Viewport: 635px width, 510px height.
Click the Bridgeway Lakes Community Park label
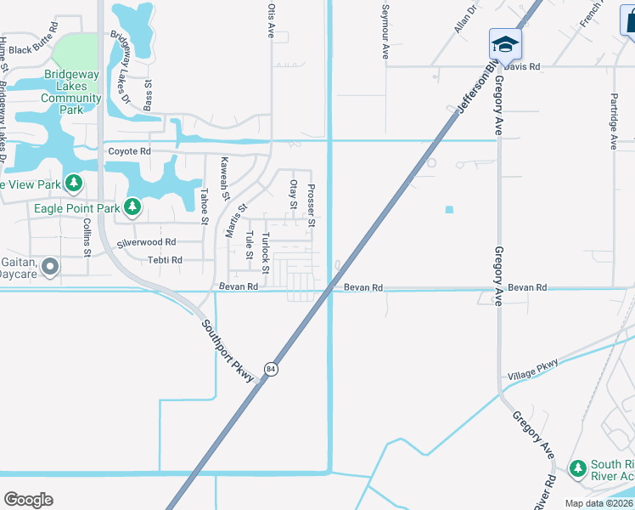72,92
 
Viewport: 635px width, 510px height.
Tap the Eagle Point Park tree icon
132,207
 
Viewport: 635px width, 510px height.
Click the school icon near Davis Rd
505,42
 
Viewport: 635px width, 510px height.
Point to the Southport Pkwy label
228,350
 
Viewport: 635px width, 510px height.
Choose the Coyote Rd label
129,152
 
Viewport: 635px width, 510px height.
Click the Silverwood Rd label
146,242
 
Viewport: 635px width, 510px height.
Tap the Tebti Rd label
165,260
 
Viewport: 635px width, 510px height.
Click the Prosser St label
312,206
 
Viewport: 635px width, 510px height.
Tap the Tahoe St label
205,206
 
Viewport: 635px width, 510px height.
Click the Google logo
28,500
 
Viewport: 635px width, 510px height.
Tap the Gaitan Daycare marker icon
50,268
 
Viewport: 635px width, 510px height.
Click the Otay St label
294,193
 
